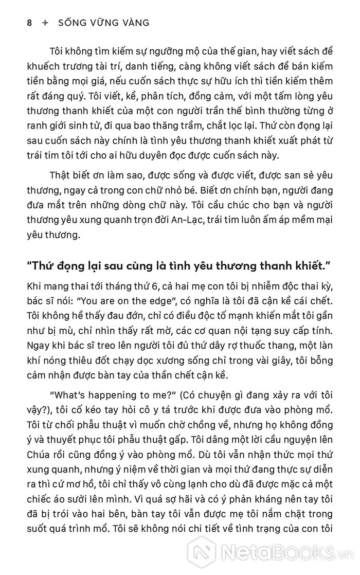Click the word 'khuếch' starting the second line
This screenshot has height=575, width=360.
click(44, 66)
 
